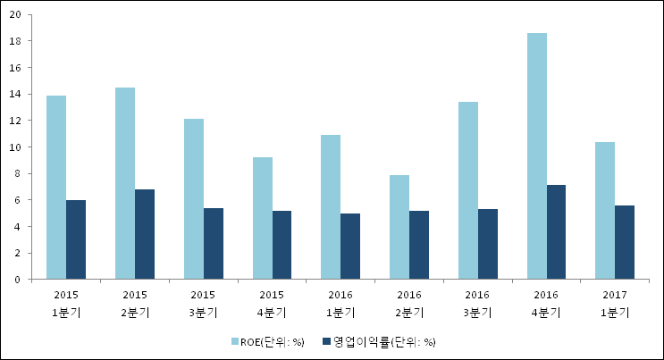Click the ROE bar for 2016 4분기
[536, 156]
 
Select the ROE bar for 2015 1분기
[56, 188]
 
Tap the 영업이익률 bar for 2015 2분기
[145, 234]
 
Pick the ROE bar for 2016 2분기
[399, 227]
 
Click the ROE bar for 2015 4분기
[263, 218]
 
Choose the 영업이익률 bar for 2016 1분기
[350, 247]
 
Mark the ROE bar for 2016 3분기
[468, 190]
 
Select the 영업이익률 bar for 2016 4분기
[556, 232]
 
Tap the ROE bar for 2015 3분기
[194, 199]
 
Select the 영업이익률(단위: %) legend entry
[384, 342]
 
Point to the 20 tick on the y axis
[17, 15]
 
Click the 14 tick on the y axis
[17, 95]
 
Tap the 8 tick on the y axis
[20, 173]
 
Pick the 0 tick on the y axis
[20, 280]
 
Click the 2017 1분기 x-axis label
[614, 303]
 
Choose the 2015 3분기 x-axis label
[203, 303]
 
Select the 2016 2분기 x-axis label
[408, 303]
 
